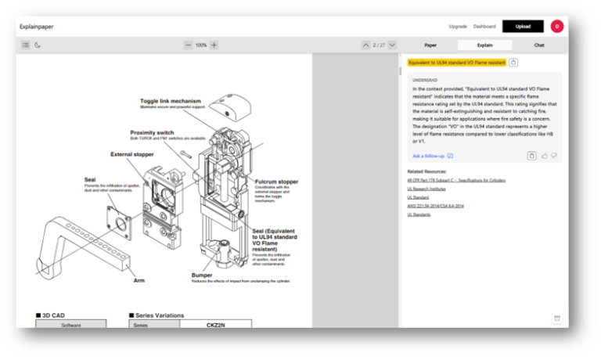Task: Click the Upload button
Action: coord(523,26)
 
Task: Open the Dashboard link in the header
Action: coord(484,26)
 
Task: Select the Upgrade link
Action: coord(458,26)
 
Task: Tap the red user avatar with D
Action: coord(557,26)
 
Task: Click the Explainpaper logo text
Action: coord(36,26)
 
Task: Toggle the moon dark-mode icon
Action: coord(38,45)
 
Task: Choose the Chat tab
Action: coord(538,45)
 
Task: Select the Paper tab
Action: coord(430,45)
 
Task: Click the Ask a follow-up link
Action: coord(428,156)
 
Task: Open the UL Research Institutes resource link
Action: coord(426,189)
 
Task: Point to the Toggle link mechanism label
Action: coord(171,100)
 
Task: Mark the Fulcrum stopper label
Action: coord(276,182)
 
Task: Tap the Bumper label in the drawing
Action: coord(202,275)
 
